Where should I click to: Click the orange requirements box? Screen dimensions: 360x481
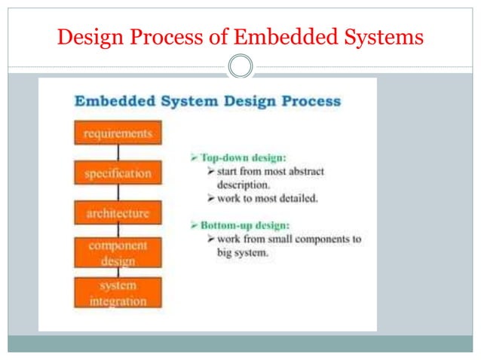(x=118, y=133)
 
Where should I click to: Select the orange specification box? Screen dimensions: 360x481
(x=118, y=173)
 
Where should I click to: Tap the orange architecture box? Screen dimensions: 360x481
(x=118, y=213)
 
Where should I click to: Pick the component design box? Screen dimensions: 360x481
(x=118, y=253)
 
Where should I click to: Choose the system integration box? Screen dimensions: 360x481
(x=118, y=293)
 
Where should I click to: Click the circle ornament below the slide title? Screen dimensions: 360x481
(x=240, y=66)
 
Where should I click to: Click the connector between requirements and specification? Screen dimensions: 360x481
(x=118, y=154)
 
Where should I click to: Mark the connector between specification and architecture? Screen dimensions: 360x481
(x=118, y=193)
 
